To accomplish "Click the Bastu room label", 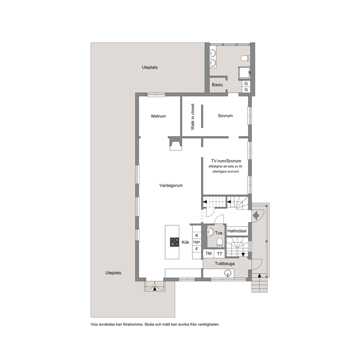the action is click(x=217, y=85).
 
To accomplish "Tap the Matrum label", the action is click(x=159, y=116).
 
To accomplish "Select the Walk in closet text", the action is click(x=193, y=117).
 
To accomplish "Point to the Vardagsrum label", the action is click(x=171, y=185).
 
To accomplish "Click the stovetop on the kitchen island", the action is click(x=175, y=242).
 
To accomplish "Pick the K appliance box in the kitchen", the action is click(x=197, y=236).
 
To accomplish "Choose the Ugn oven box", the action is click(x=197, y=242).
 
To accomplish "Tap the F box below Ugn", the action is click(x=197, y=249).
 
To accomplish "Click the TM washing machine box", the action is click(x=208, y=254).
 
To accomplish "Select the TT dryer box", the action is click(x=220, y=254).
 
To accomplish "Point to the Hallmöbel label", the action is click(x=237, y=231).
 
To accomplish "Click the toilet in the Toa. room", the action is click(x=220, y=243).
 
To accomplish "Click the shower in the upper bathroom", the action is click(x=245, y=73).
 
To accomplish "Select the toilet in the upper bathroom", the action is click(x=245, y=58).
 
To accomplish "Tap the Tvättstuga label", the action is click(x=225, y=263).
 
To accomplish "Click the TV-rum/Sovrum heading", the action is click(x=226, y=161).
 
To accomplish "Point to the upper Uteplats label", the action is click(x=150, y=67).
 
